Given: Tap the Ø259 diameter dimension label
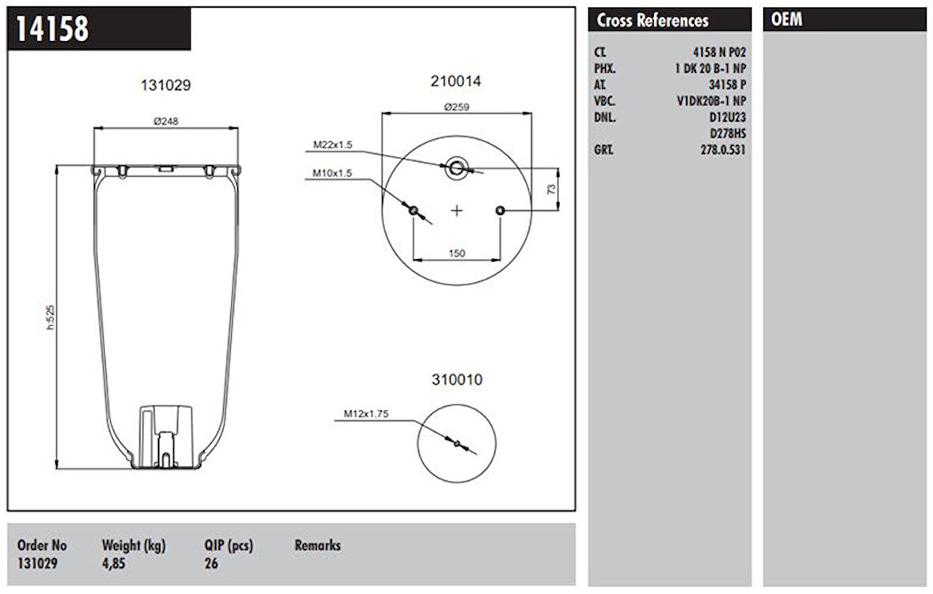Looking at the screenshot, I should click(x=456, y=107).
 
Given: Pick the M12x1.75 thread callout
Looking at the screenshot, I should click(x=366, y=413).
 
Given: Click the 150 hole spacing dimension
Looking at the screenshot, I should click(x=456, y=253).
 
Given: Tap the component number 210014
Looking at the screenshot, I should click(x=456, y=81).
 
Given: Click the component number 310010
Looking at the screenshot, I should click(x=456, y=380).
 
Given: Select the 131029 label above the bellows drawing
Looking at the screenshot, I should click(x=166, y=85).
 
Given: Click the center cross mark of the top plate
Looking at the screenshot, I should click(x=457, y=210).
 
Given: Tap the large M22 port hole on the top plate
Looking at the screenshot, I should click(x=457, y=167).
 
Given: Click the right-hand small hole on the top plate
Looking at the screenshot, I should click(x=500, y=210).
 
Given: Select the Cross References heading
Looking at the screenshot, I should click(x=652, y=21).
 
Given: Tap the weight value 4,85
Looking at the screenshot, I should click(x=114, y=564).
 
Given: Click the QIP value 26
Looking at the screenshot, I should click(x=211, y=564).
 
